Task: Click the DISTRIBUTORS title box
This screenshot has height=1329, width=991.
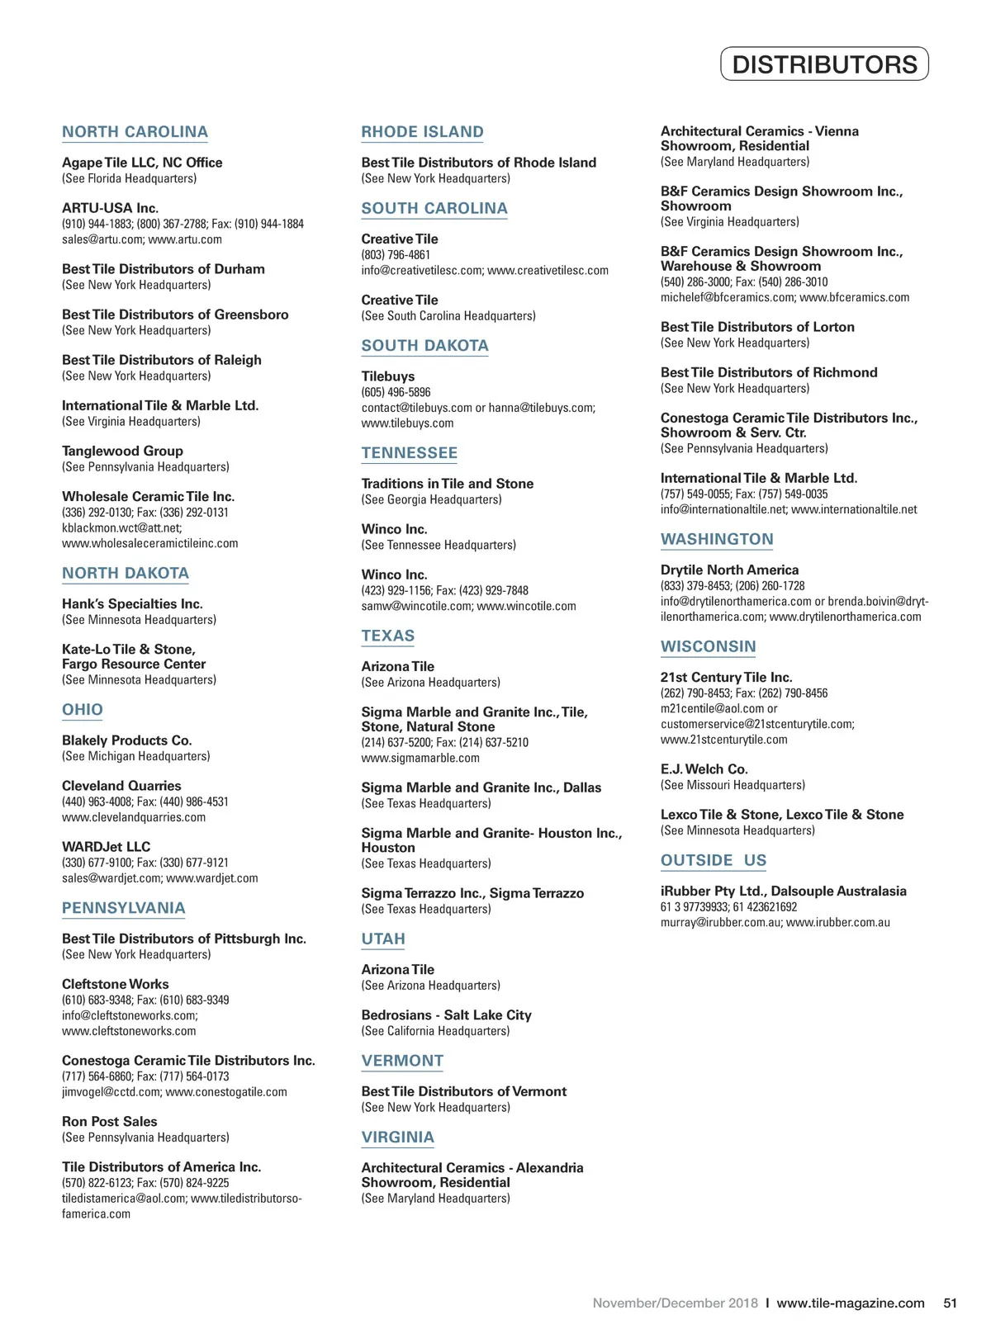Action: coord(824,64)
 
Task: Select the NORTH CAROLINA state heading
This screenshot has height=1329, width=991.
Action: coord(135,132)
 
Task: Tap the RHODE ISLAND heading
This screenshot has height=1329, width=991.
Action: coord(422,132)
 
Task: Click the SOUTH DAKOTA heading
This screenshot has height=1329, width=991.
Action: coord(424,346)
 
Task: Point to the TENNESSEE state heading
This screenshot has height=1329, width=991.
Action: coord(409,453)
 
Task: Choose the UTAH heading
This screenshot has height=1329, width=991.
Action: coord(383,939)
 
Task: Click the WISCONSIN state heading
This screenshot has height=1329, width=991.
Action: coord(708,647)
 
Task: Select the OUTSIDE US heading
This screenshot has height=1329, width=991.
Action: coord(714,861)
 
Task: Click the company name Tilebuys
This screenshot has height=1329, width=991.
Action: coord(388,376)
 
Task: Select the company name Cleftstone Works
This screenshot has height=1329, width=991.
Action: coord(115,984)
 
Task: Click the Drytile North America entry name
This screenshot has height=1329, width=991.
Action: coord(729,570)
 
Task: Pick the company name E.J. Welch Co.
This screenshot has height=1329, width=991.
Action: coord(704,769)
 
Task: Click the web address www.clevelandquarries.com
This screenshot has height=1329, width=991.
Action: coord(134,817)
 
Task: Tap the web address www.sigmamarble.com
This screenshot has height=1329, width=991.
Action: coord(420,758)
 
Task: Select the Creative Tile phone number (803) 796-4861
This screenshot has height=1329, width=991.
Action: coord(396,255)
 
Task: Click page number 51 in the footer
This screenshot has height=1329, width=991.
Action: coord(950,1303)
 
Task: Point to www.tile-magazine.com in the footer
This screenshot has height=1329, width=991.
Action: coord(851,1303)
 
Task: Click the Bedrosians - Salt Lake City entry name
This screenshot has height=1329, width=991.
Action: coord(446,1015)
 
